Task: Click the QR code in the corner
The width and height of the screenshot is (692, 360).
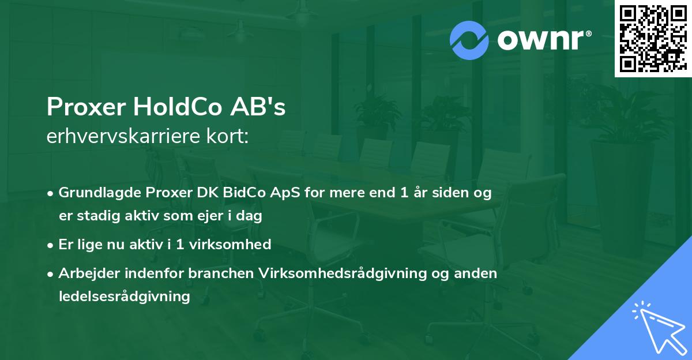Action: pos(652,39)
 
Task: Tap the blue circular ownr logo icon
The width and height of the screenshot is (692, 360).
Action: pos(469,40)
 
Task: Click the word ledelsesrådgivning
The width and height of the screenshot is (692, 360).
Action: pos(124,297)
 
